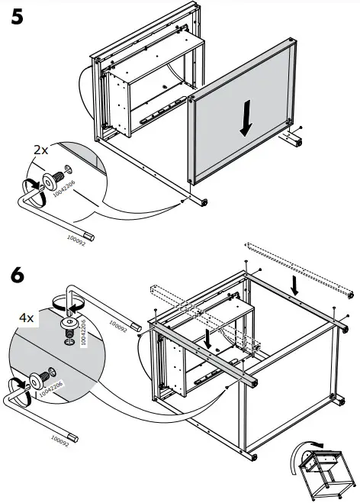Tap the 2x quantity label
click(x=40, y=150)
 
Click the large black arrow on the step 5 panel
click(x=245, y=120)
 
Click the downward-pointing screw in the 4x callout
click(x=69, y=326)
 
